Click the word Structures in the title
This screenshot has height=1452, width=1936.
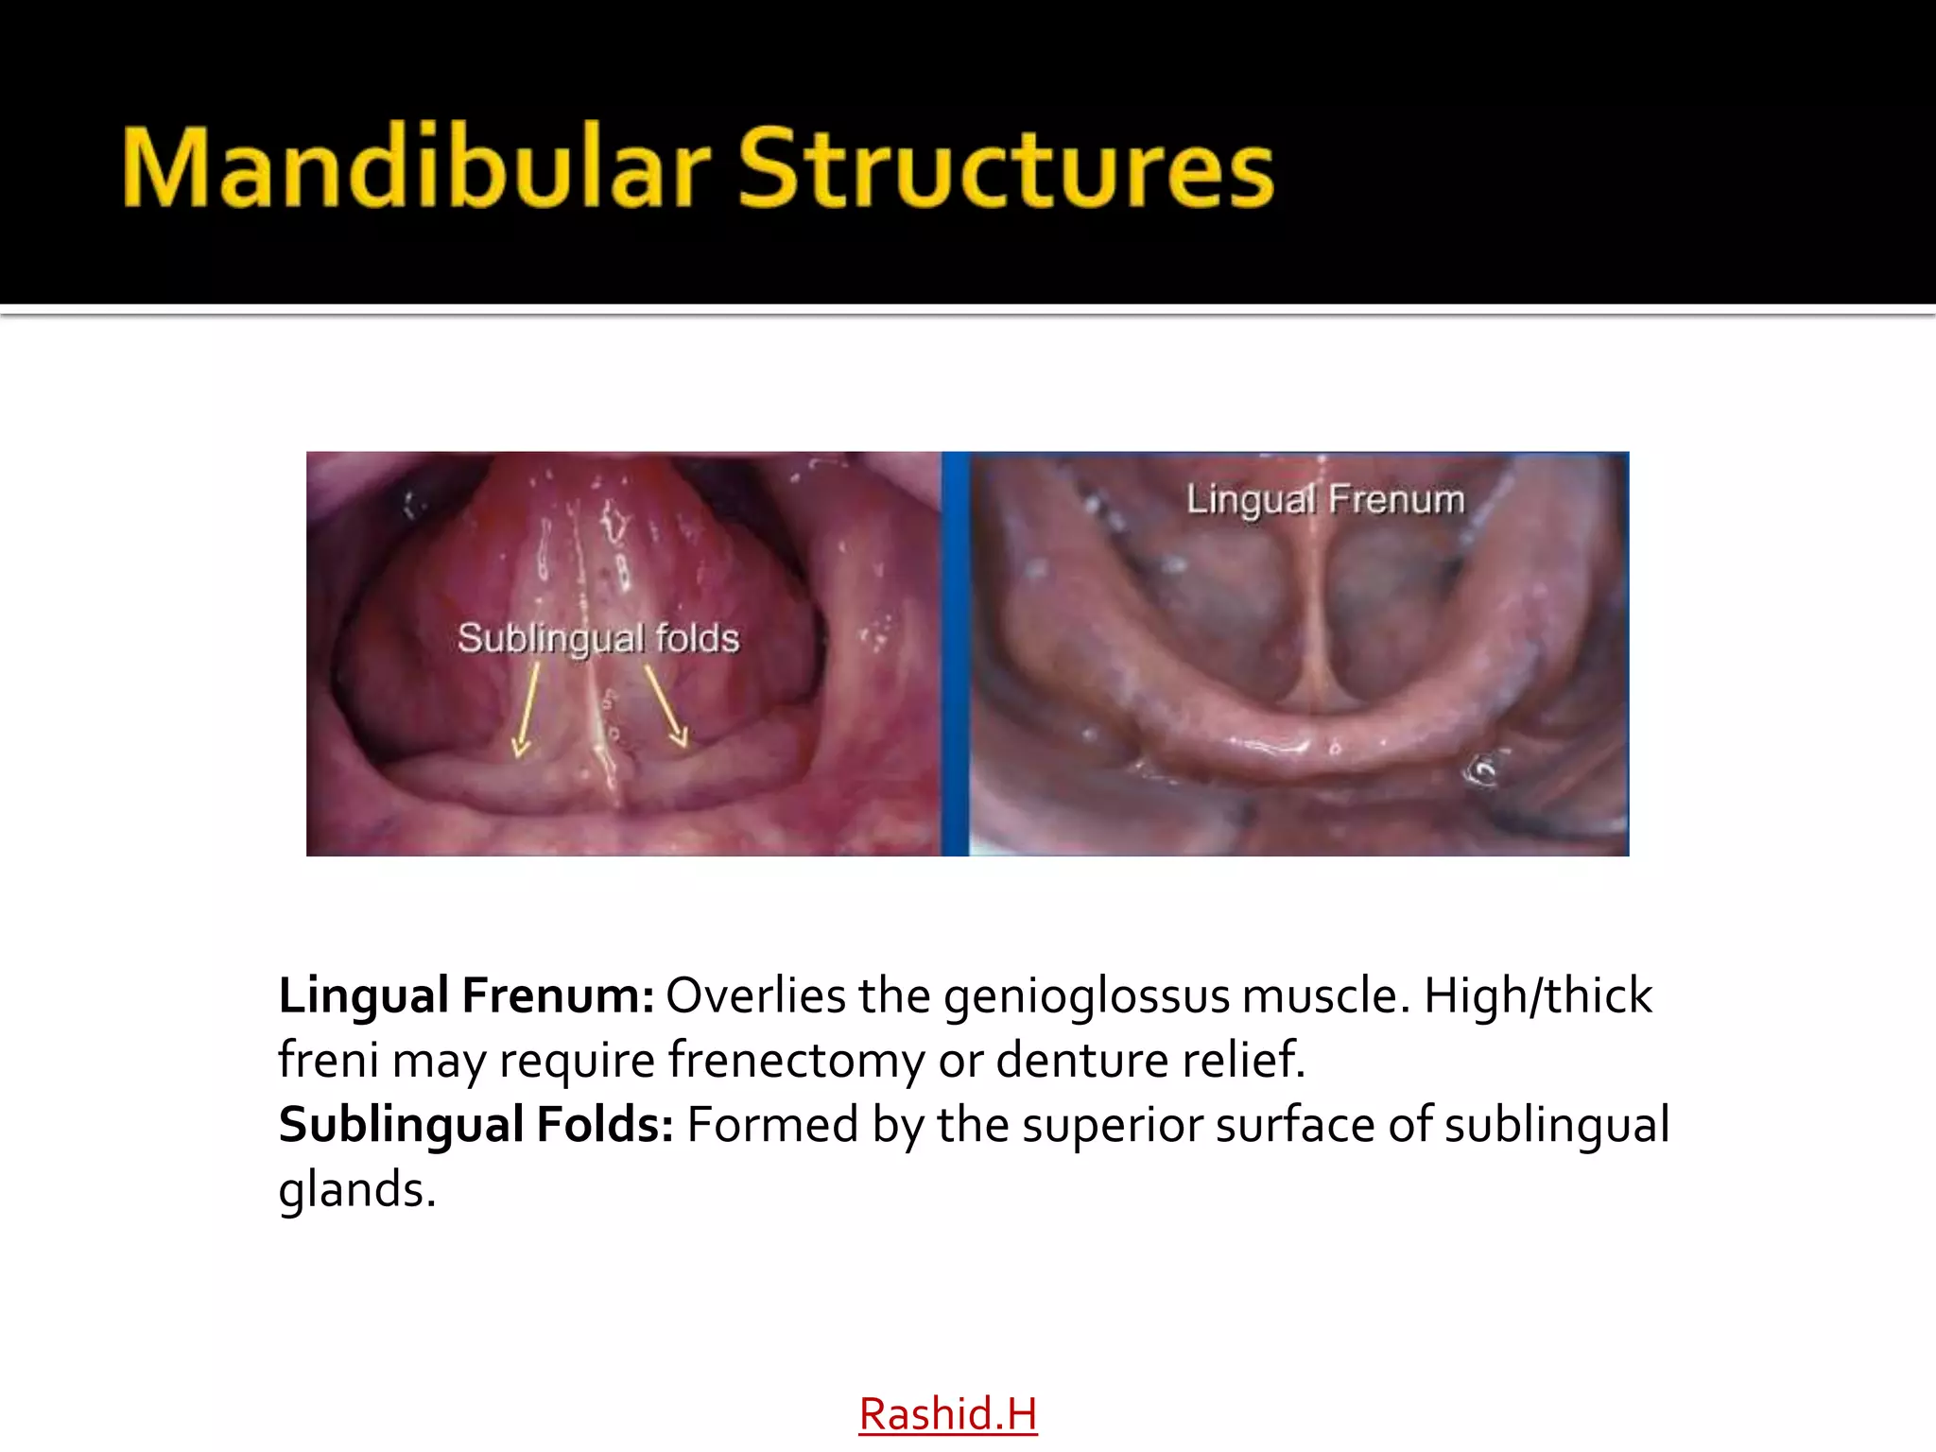pyautogui.click(x=1006, y=167)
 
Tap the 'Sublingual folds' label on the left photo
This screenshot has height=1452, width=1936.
pyautogui.click(x=597, y=638)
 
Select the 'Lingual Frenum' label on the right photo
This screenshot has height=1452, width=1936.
pyautogui.click(x=1325, y=499)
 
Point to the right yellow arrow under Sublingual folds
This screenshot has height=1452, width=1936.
pyautogui.click(x=666, y=705)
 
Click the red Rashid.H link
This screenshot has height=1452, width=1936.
pyautogui.click(x=947, y=1414)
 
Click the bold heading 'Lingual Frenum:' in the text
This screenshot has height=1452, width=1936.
pyautogui.click(x=466, y=995)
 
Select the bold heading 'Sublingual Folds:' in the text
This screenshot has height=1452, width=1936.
pyautogui.click(x=475, y=1124)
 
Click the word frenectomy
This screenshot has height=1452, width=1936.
pyautogui.click(x=797, y=1060)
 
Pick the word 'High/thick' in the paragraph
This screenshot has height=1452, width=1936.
pyautogui.click(x=1538, y=995)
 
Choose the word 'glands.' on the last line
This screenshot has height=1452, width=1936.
pyautogui.click(x=356, y=1190)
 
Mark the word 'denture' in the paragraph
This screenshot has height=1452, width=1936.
pyautogui.click(x=1066, y=1060)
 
